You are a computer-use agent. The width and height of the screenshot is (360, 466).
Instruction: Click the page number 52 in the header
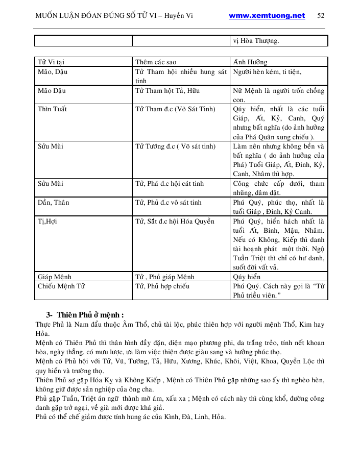coord(321,15)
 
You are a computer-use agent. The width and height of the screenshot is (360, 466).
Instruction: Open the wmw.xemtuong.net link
coord(267,15)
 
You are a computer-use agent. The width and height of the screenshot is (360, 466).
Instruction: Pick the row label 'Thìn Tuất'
coord(53,109)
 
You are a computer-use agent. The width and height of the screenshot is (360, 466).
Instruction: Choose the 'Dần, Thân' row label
coord(53,203)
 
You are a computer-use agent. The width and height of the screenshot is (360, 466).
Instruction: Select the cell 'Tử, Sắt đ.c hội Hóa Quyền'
coord(175,222)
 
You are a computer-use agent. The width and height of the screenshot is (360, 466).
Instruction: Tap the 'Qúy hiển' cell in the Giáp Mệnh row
coord(247,277)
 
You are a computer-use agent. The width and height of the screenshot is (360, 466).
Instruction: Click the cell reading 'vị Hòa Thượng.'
coord(256,41)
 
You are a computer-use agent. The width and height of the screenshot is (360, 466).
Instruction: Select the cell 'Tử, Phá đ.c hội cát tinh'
coord(170,184)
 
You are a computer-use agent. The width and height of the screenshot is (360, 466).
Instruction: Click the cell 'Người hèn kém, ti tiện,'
coord(265,72)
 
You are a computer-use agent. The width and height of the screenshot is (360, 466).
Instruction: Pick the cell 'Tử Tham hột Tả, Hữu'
coord(167,91)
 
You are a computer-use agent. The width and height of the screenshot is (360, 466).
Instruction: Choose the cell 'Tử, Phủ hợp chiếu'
coord(162,286)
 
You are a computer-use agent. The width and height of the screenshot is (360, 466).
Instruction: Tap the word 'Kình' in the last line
coord(170,417)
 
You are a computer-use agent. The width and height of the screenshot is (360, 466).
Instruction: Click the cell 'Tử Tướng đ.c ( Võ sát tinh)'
coord(176,146)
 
